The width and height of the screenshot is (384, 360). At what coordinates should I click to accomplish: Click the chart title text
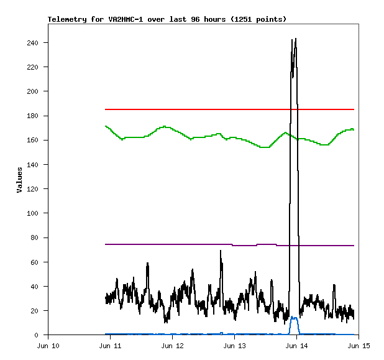167,19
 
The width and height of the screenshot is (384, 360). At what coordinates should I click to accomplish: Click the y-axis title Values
19,180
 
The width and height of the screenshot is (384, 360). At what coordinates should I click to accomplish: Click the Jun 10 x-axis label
48,345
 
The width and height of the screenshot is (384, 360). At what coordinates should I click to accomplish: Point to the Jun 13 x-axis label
234,345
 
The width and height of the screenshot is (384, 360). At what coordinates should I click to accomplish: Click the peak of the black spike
295,39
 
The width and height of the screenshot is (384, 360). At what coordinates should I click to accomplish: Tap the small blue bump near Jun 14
294,318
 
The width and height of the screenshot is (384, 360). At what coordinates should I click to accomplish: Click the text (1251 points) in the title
258,19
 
